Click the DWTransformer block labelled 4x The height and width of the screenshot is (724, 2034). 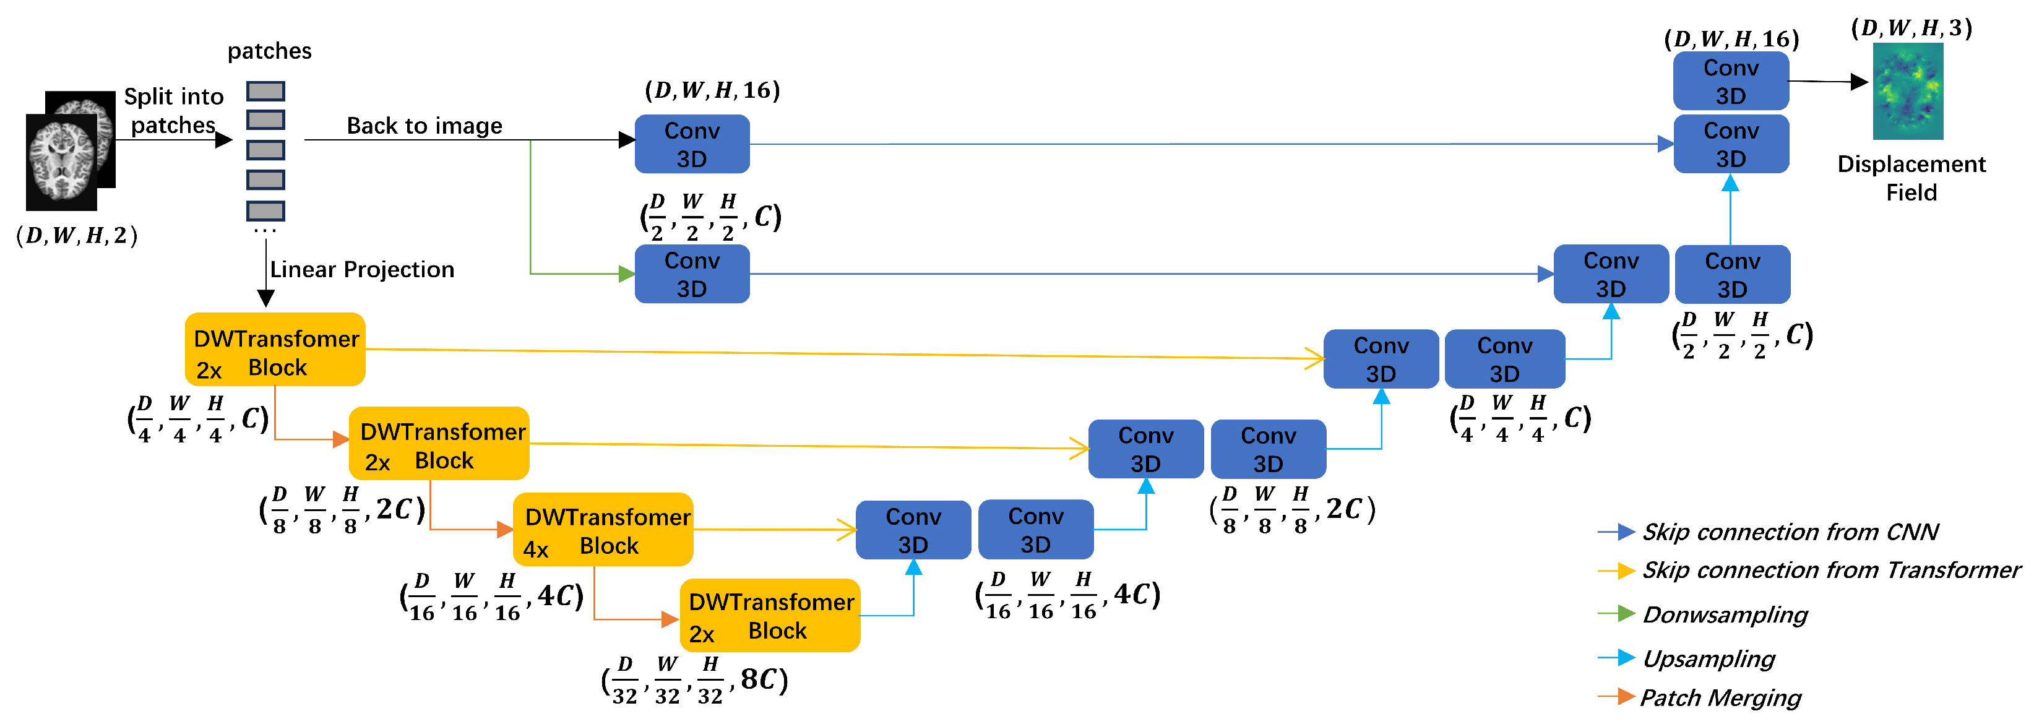click(x=603, y=530)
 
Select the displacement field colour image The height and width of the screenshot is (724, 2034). click(x=1908, y=92)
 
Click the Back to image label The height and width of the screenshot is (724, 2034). click(x=424, y=126)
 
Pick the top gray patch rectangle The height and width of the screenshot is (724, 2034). click(x=265, y=92)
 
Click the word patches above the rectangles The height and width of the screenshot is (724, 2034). click(x=269, y=51)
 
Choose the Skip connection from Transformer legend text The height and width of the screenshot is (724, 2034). click(x=1830, y=570)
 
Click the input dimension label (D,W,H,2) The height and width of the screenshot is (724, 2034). click(x=77, y=236)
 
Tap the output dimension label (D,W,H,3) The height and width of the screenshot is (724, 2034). click(x=1911, y=28)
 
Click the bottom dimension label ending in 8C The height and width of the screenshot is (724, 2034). click(x=695, y=681)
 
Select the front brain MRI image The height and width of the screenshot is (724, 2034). click(x=62, y=163)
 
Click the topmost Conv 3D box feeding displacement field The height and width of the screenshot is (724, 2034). click(x=1730, y=81)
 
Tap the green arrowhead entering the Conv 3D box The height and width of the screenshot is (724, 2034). click(x=626, y=274)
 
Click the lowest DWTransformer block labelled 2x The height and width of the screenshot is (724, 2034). click(x=770, y=616)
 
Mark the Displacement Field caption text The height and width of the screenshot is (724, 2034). click(x=1911, y=178)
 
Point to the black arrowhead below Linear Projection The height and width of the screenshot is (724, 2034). click(x=266, y=298)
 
